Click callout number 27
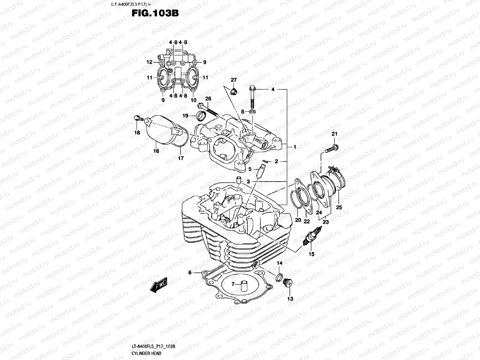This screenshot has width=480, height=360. (234, 80)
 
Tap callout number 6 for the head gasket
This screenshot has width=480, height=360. (190, 272)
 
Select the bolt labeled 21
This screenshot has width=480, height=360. (331, 148)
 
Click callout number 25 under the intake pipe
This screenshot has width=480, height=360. (339, 207)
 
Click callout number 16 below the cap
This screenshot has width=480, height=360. (156, 151)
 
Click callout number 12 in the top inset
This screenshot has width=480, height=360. (149, 62)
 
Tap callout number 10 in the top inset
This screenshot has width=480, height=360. (193, 100)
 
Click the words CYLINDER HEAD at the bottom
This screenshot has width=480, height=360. (146, 353)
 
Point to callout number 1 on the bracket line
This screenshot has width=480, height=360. (295, 147)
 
